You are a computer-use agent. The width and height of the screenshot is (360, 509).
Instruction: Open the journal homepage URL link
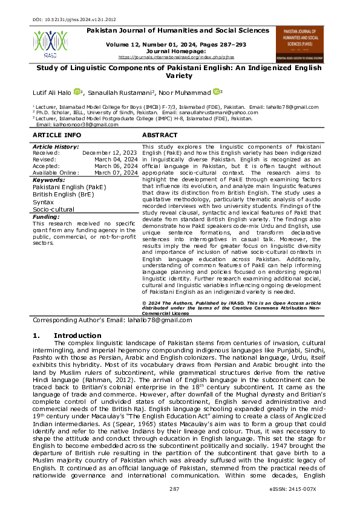[176, 57]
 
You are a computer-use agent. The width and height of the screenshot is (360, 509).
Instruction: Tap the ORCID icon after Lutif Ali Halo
[77, 92]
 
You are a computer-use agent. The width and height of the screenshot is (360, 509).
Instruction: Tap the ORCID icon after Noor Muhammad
[216, 92]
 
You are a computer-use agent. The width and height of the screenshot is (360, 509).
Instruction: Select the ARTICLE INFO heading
[56, 135]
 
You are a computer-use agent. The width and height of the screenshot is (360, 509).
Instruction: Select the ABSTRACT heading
[159, 135]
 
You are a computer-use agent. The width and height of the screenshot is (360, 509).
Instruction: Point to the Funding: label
[46, 216]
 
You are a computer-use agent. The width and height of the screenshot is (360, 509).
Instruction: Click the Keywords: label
[48, 180]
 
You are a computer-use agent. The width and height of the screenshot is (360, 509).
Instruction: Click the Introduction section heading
[77, 336]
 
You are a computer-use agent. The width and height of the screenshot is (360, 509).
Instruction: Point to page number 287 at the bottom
[175, 489]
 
